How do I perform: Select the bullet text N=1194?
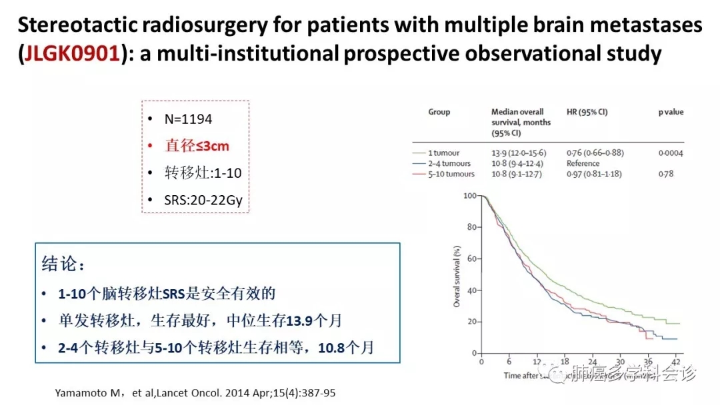[188, 119]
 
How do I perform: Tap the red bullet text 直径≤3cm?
[197, 146]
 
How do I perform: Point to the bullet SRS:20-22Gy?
[203, 200]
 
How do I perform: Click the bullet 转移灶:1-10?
[203, 173]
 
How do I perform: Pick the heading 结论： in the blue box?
[63, 264]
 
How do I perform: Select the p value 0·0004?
[670, 153]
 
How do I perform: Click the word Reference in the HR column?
[583, 163]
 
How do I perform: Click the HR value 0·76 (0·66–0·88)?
[595, 153]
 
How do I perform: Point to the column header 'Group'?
[439, 112]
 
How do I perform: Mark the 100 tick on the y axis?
[471, 196]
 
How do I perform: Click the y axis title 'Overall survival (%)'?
[457, 274]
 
